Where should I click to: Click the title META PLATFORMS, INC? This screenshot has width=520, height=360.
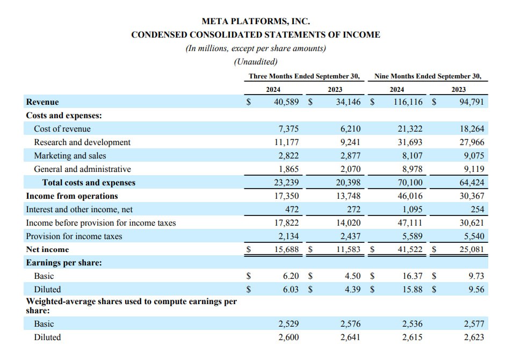click(x=256, y=21)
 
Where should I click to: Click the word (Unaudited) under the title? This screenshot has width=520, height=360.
click(x=256, y=62)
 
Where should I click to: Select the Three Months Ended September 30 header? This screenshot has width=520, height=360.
click(x=304, y=76)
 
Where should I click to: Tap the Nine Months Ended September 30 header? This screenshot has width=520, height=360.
click(x=428, y=76)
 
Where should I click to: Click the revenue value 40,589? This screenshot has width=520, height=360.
click(x=286, y=102)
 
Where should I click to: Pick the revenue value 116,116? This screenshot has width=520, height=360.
click(x=408, y=102)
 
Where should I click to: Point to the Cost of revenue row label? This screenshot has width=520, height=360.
click(x=62, y=129)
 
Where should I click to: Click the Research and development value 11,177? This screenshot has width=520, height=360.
click(x=286, y=142)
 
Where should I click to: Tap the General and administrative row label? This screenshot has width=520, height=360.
click(x=82, y=169)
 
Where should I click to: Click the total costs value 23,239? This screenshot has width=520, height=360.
click(x=286, y=183)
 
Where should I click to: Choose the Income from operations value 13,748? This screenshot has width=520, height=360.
click(x=348, y=196)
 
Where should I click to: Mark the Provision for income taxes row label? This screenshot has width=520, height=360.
click(x=74, y=236)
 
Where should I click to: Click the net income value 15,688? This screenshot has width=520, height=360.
click(x=286, y=249)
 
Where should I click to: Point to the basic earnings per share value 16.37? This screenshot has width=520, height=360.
click(x=413, y=276)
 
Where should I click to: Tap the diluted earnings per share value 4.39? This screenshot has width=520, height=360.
click(x=352, y=289)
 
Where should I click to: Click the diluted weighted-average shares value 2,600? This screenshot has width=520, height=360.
click(x=288, y=337)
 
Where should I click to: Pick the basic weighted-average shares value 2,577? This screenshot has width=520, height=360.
click(x=474, y=324)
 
